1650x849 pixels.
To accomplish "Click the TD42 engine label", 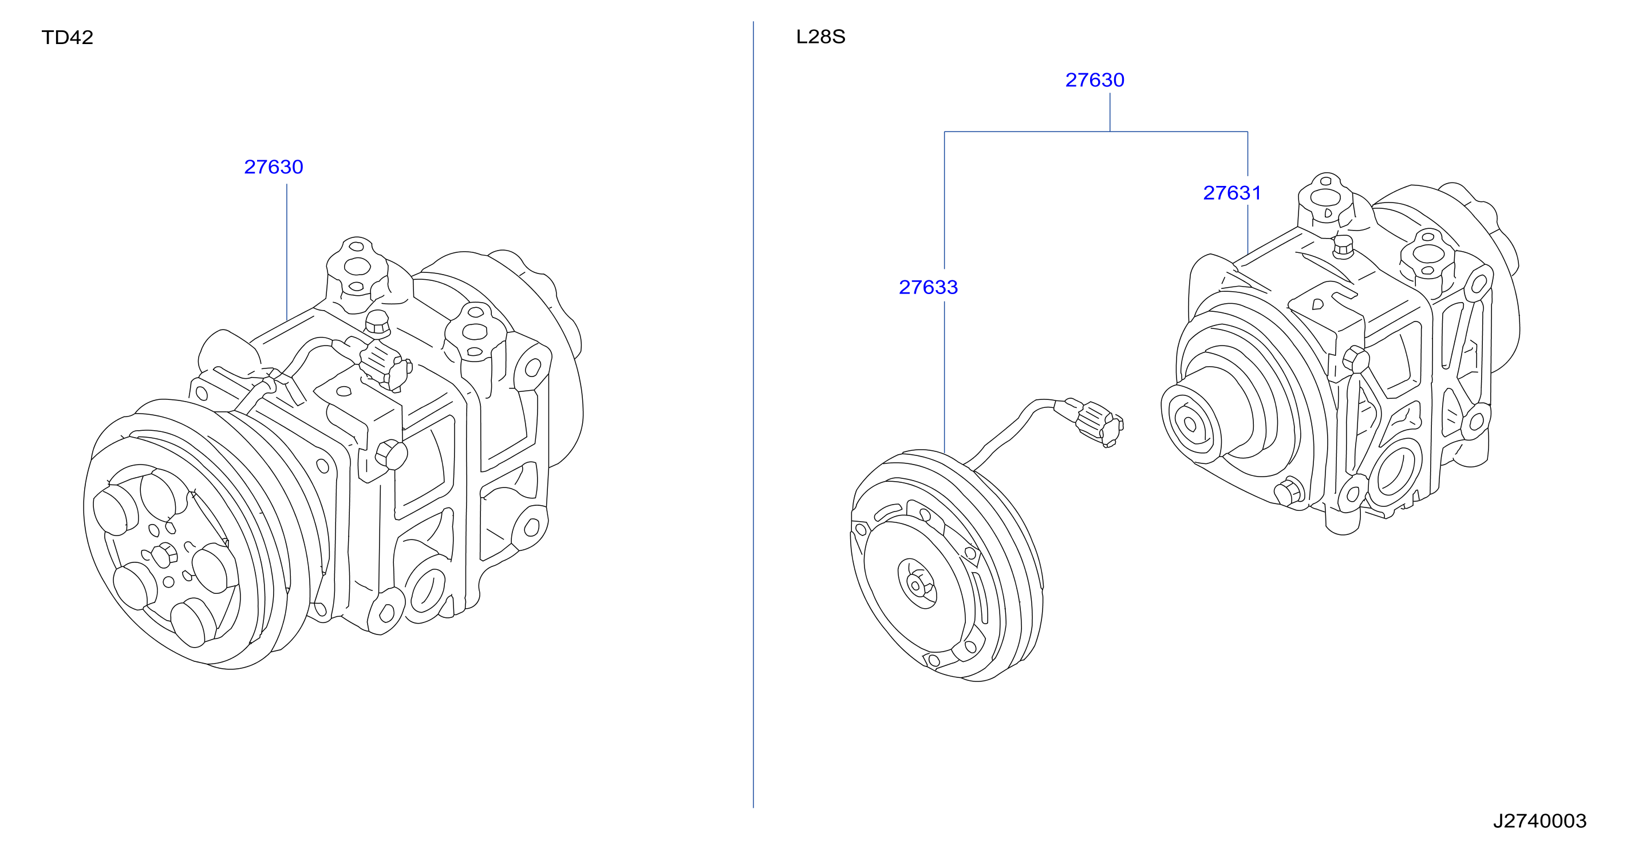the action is [67, 37].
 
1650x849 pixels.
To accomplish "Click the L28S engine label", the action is [820, 37].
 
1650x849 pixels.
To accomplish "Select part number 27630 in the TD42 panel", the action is [274, 167].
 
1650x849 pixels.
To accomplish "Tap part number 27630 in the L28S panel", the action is [1095, 80].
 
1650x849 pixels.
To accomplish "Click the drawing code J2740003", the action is [1540, 821].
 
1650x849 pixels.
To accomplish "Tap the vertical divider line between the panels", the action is [753, 414].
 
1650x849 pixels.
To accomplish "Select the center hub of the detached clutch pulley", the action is [917, 584].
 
